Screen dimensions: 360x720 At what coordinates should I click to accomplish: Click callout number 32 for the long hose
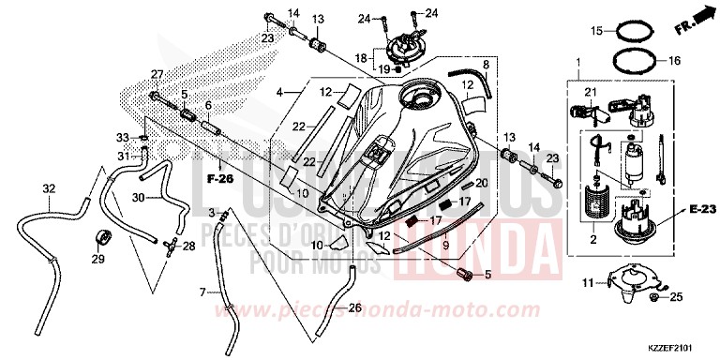coord(49,189)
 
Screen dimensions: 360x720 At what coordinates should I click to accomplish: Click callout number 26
coord(354,307)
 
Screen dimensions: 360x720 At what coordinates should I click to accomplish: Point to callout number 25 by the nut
coord(679,298)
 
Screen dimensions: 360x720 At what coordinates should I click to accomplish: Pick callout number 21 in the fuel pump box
coord(591,91)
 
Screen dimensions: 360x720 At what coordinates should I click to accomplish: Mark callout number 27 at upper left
coord(157,74)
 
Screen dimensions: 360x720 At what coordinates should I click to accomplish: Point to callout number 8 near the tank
coord(486,64)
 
